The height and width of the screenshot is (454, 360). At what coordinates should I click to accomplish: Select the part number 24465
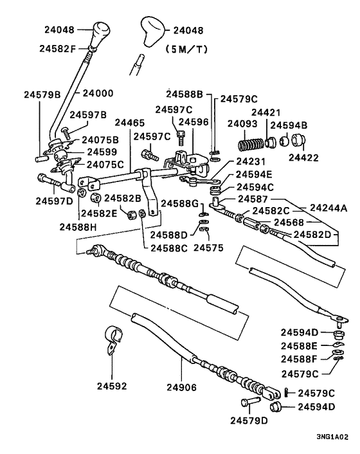130,122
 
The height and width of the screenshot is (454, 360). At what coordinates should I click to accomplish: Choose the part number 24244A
328,208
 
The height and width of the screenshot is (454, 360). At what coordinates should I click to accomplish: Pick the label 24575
207,246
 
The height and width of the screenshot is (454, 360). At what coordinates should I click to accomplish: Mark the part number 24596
193,122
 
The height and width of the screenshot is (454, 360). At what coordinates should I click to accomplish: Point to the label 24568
289,222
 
